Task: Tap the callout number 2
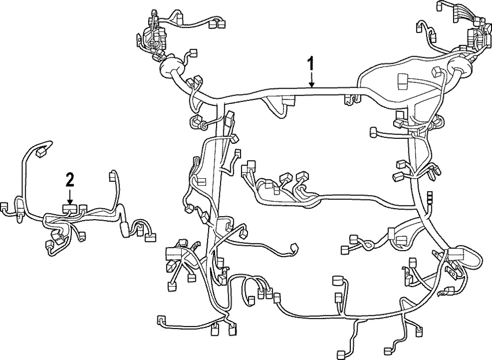70,179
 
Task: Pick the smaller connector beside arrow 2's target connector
83,207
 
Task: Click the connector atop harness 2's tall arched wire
43,151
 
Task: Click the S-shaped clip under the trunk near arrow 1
350,99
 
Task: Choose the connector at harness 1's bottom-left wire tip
161,319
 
